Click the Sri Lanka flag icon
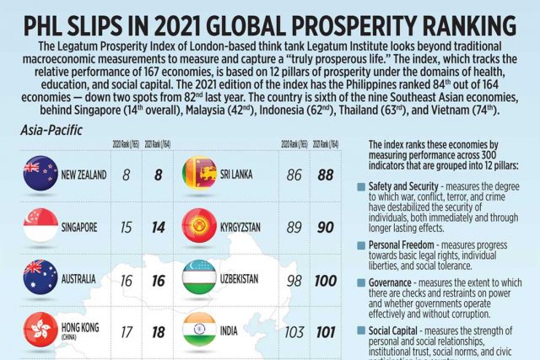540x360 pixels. pos(200,175)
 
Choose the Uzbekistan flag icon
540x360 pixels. pos(200,278)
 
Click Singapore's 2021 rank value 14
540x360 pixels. pos(155,228)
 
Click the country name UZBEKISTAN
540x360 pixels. pos(255,278)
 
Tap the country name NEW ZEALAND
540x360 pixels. pos(84,175)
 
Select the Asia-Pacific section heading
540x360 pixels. pos(51,131)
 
